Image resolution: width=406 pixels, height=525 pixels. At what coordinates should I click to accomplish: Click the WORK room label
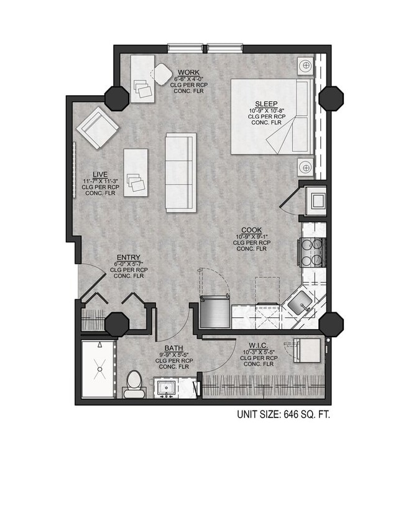tap(188, 73)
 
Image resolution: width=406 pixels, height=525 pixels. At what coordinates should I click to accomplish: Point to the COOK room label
tap(252, 230)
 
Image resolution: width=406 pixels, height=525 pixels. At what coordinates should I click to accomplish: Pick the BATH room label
tap(173, 348)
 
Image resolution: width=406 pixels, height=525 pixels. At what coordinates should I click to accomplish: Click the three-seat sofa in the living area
tap(180, 172)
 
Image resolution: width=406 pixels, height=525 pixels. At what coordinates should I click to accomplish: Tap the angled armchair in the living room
tap(97, 128)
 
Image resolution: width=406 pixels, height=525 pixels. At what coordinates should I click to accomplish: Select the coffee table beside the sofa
tap(136, 172)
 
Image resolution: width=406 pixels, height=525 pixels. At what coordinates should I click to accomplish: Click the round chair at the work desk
tap(163, 75)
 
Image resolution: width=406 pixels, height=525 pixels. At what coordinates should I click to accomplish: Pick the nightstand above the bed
tap(305, 66)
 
